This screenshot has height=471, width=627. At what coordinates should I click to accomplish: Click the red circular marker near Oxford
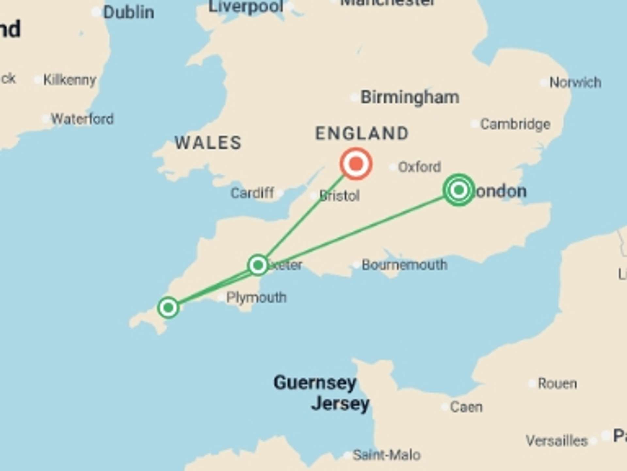pyautogui.click(x=356, y=164)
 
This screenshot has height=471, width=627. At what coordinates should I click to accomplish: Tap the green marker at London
pyautogui.click(x=459, y=190)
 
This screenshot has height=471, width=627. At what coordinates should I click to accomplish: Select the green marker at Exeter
pyautogui.click(x=258, y=265)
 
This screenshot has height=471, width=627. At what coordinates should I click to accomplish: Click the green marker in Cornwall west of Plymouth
pyautogui.click(x=168, y=307)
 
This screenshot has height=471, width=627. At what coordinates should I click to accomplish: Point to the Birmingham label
pyautogui.click(x=410, y=97)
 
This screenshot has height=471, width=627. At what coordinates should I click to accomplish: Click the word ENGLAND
pyautogui.click(x=362, y=133)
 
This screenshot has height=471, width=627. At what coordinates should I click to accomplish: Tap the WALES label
pyautogui.click(x=208, y=143)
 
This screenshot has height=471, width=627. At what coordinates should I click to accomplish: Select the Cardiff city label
pyautogui.click(x=252, y=193)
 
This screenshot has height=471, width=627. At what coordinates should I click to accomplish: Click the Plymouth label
pyautogui.click(x=256, y=298)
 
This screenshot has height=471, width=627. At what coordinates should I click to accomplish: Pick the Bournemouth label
pyautogui.click(x=404, y=265)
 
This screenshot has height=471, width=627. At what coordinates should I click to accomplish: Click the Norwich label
pyautogui.click(x=575, y=82)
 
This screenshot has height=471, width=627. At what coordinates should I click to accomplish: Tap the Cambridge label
pyautogui.click(x=515, y=124)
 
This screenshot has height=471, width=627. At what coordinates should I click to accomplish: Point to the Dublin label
pyautogui.click(x=129, y=12)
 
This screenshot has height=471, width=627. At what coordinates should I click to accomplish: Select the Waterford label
pyautogui.click(x=82, y=119)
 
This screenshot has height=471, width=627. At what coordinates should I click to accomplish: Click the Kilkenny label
pyautogui.click(x=70, y=80)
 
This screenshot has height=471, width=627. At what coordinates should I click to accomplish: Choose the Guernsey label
pyautogui.click(x=315, y=383)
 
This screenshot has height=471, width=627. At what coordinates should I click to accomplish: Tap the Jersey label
pyautogui.click(x=340, y=404)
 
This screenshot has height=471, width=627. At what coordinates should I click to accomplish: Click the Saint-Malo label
pyautogui.click(x=387, y=455)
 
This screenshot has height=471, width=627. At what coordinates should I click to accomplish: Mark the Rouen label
pyautogui.click(x=557, y=383)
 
